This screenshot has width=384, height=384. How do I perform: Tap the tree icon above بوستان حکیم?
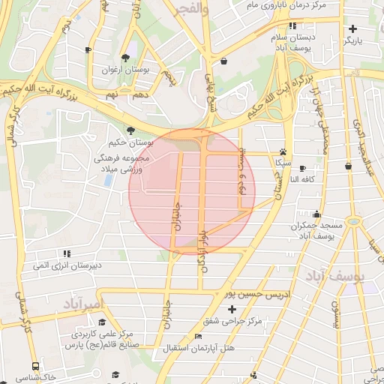131,130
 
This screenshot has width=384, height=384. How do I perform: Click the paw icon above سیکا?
283,150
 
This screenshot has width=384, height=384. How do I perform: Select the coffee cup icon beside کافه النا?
302,168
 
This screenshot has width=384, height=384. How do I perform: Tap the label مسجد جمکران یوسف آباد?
321,230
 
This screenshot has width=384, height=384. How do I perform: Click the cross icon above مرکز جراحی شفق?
232,309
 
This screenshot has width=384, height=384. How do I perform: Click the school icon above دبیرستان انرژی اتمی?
67,254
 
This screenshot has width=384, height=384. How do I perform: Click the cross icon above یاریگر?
352,28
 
